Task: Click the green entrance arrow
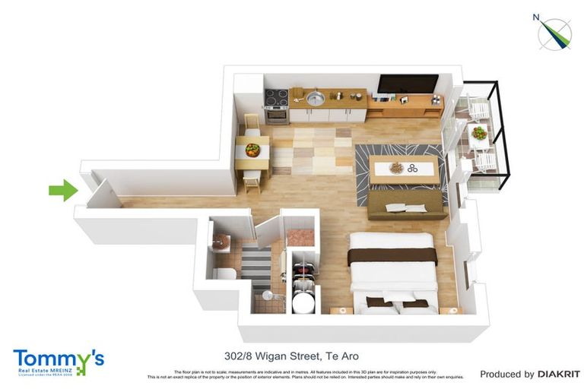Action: point(63,190)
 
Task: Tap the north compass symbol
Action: point(555,33)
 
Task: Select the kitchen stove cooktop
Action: point(276,97)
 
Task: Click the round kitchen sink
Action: point(316,97)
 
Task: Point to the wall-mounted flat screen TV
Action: point(408,84)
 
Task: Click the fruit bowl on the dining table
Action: point(252,149)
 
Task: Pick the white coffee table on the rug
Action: point(404,168)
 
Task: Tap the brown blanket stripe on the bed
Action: point(392,255)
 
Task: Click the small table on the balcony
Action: point(479,135)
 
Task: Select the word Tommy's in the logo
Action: point(58,358)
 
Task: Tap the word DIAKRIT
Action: point(559,374)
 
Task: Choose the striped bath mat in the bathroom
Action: point(256,264)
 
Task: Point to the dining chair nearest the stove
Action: point(252,123)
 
